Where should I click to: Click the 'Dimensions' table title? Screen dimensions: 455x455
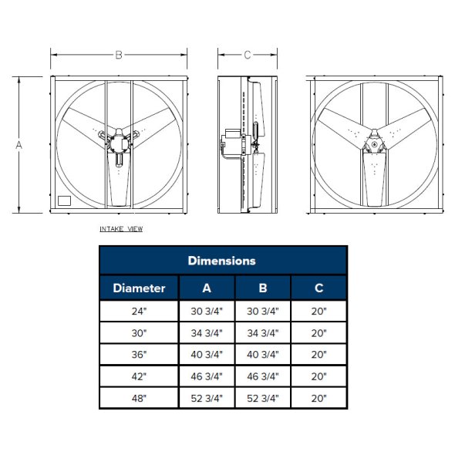[x=222, y=261]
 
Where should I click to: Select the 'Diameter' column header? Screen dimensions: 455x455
[x=139, y=288]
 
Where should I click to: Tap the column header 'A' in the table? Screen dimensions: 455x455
[x=206, y=288]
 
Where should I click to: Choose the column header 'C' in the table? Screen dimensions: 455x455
[x=318, y=288]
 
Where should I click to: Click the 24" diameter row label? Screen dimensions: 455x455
[x=139, y=312]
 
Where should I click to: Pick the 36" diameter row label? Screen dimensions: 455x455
[x=139, y=356]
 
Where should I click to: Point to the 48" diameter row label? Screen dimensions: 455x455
[x=139, y=399]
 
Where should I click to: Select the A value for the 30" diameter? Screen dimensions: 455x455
[x=206, y=333]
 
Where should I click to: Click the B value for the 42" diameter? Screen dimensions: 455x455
[x=262, y=377]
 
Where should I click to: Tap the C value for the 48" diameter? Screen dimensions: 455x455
[x=318, y=399]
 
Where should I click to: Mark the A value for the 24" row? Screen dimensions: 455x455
[x=206, y=312]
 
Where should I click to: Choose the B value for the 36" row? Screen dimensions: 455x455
[x=262, y=356]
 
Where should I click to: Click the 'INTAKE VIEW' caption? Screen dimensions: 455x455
[x=121, y=229]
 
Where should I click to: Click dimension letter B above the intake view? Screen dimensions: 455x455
[x=119, y=55]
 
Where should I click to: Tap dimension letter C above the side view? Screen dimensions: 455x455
[x=247, y=55]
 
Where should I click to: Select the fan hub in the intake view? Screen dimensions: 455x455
[x=119, y=143]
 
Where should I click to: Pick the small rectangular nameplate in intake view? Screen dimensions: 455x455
[x=65, y=201]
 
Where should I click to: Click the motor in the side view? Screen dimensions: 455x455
[x=230, y=142]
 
